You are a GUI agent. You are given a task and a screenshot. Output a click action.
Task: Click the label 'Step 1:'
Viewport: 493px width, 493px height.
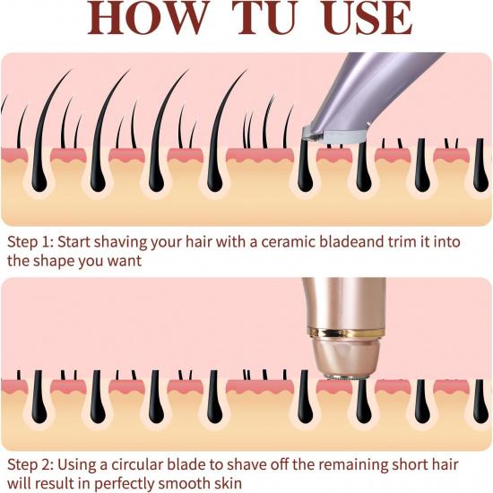coord(30,243)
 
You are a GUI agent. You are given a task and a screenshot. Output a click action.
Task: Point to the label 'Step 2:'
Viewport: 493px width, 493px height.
coord(30,464)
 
